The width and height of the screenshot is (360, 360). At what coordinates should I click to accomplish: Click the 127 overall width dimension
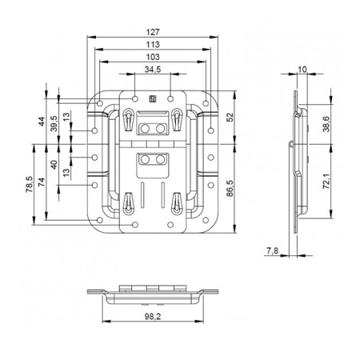coord(152,33)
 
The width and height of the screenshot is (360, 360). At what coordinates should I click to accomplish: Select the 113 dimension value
coord(152,45)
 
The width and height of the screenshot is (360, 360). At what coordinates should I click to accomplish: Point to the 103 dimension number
coord(152,57)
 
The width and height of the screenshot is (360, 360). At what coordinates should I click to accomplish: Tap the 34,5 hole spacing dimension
coord(152,70)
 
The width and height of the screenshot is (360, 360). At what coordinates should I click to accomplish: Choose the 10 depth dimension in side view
coord(302,70)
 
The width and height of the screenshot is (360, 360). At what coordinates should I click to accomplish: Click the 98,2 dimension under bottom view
coord(152,317)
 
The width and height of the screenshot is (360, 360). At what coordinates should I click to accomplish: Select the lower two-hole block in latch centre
coord(152,161)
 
